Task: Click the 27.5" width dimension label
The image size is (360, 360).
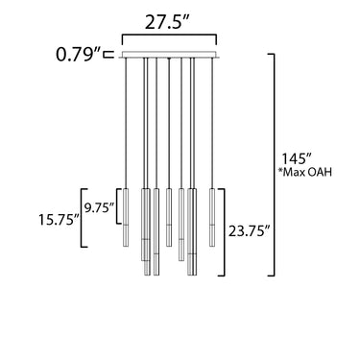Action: click(168, 22)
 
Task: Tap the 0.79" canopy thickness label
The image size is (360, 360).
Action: click(79, 54)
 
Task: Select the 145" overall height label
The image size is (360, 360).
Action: click(297, 159)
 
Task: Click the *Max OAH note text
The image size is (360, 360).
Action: click(304, 173)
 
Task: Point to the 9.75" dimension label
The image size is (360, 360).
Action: click(99, 207)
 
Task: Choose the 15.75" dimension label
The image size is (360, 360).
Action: click(60, 220)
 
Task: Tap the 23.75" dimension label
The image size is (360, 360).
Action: click(249, 230)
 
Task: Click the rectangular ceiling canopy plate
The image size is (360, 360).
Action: click(169, 55)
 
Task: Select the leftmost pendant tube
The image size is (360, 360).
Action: click(126, 218)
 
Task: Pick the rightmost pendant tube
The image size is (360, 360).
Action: click(212, 218)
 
